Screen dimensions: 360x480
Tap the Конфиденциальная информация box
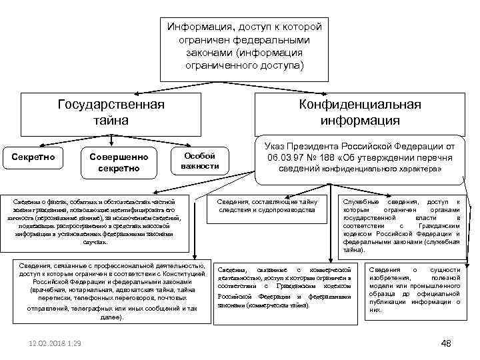pos(359,113)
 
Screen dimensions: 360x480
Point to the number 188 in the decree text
pos(349,157)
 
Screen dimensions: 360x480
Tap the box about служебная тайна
pos(402,227)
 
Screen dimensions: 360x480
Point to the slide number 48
pos(446,343)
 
